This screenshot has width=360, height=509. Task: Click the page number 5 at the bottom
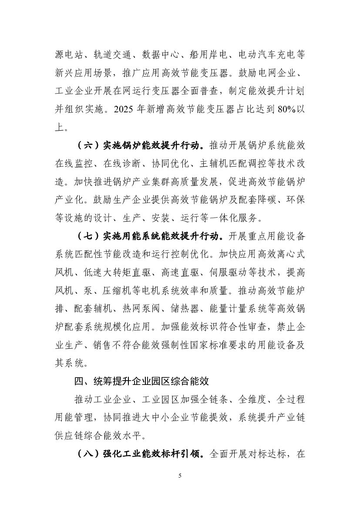pyautogui.click(x=180, y=475)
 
